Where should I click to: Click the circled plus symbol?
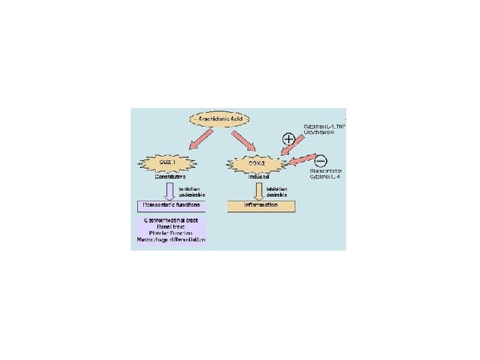289,139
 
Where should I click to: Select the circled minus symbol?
320,160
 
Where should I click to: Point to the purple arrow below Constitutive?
170,191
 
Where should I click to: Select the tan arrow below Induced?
259,191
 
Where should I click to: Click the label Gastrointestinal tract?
171,219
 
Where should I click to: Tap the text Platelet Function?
171,233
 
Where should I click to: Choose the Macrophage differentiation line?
171,239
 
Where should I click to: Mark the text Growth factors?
319,132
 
